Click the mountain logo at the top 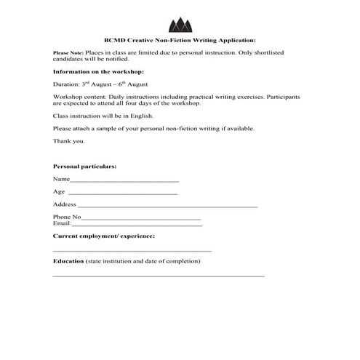[180, 24]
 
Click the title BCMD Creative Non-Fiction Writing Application [180, 41]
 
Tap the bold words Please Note [68, 54]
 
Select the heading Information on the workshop [98, 72]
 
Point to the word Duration [66, 84]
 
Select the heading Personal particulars [85, 167]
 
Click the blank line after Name [124, 180]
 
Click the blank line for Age [122, 193]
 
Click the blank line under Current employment [132, 250]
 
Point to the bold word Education [68, 260]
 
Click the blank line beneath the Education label [159, 276]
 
